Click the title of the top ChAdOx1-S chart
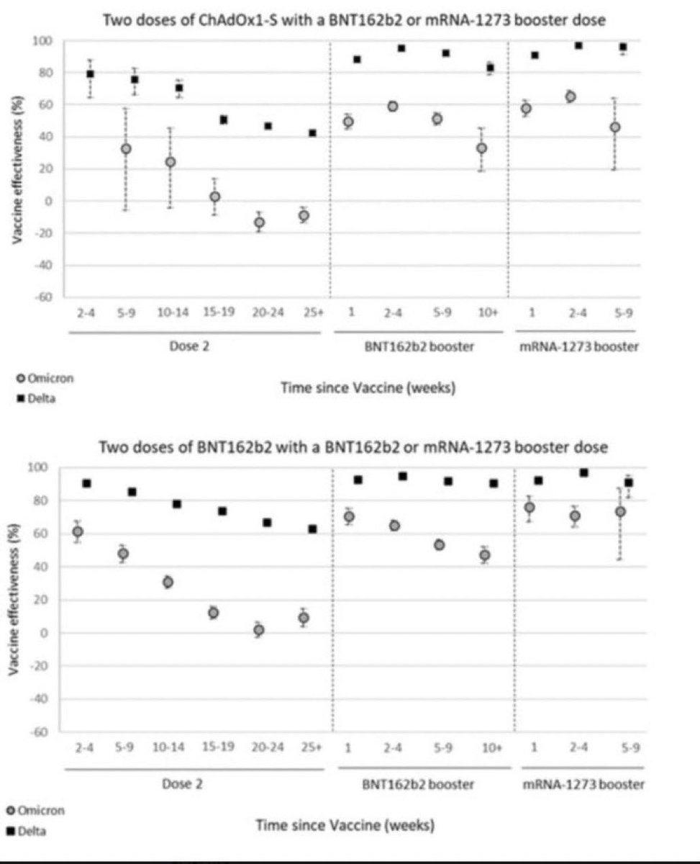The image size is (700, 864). click(354, 20)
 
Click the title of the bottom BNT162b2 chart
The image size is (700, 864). click(353, 447)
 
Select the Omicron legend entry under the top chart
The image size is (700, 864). click(45, 379)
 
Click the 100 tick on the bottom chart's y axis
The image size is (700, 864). click(37, 468)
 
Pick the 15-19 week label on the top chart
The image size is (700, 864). click(219, 312)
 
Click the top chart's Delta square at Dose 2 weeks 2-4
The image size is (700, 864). click(91, 74)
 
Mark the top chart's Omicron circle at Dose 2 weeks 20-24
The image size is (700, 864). click(260, 222)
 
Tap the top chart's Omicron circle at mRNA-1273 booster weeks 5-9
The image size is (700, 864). click(615, 127)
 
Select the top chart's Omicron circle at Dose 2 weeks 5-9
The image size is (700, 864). click(126, 149)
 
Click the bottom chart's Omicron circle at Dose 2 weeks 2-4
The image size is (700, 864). click(78, 531)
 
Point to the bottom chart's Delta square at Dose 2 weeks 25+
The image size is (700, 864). click(312, 529)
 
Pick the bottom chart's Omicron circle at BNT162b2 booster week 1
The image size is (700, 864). click(349, 517)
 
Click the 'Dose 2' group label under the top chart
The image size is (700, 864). click(189, 347)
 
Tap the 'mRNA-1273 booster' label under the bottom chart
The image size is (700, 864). click(583, 785)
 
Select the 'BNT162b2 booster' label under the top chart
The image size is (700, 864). click(419, 347)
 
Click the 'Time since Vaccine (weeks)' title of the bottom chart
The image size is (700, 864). click(345, 825)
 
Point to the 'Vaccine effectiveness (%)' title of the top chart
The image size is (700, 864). click(17, 169)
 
